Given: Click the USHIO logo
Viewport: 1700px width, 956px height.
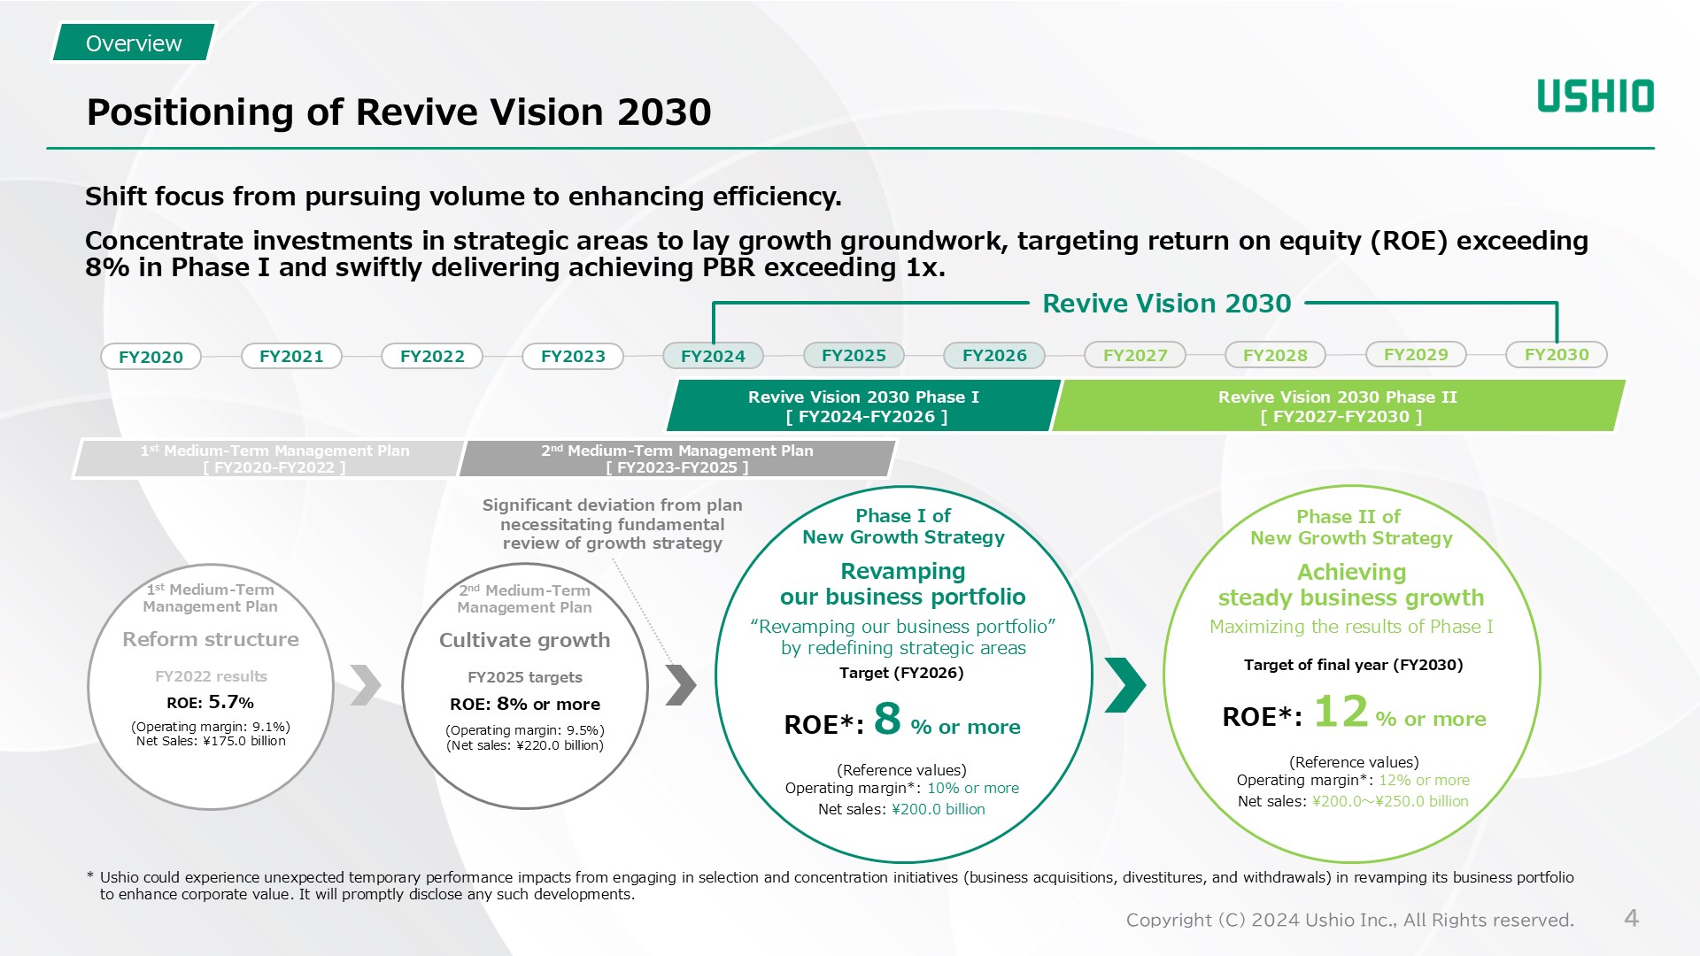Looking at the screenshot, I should tap(1595, 96).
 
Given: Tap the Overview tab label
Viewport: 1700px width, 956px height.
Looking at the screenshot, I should tap(134, 43).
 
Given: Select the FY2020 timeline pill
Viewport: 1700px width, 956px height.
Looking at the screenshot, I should tap(151, 357).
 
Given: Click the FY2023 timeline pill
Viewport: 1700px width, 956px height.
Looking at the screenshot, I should tap(573, 356).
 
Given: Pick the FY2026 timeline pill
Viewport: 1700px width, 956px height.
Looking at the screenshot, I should tap(994, 355).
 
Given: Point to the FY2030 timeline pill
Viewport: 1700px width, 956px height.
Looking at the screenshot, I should tap(1557, 354).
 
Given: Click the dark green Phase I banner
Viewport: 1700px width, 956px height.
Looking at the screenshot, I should tap(863, 406).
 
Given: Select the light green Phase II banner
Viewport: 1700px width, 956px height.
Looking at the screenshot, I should tap(1337, 406).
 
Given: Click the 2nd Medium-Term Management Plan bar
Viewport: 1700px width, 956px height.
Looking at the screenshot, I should tap(677, 459).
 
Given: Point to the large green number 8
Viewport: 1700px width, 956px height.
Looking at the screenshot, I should tap(887, 719).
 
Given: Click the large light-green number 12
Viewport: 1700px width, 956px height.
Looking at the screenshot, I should tap(1341, 711).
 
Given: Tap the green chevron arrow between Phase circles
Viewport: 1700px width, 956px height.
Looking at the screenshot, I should tap(1125, 684).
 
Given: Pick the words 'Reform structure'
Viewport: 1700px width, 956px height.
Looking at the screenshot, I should tap(211, 639).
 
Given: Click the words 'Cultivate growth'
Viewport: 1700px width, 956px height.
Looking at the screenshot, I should tap(524, 640).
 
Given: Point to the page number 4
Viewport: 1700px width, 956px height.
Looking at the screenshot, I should tap(1631, 918).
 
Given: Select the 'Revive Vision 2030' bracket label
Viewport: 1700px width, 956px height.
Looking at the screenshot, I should tap(1166, 304).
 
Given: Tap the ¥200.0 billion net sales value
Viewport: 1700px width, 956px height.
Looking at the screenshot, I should tap(938, 809).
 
